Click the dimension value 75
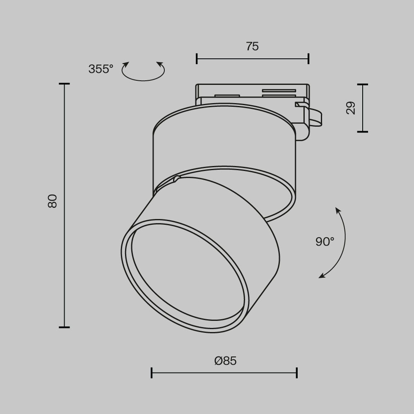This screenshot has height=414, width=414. pyautogui.click(x=252, y=46)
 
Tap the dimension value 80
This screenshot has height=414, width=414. pyautogui.click(x=53, y=201)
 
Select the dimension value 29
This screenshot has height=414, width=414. pyautogui.click(x=351, y=108)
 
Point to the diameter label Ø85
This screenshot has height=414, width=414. pyautogui.click(x=226, y=361)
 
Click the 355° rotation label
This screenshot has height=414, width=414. pyautogui.click(x=101, y=69)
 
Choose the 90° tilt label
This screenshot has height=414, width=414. pyautogui.click(x=325, y=241)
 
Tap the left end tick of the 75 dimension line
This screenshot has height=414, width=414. pyautogui.click(x=197, y=59)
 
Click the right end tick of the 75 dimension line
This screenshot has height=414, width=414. pyautogui.click(x=308, y=59)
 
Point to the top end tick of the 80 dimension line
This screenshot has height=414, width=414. pyautogui.click(x=64, y=84)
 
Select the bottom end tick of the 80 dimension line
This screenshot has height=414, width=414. pyautogui.click(x=64, y=327)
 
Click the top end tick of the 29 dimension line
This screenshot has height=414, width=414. pyautogui.click(x=363, y=84)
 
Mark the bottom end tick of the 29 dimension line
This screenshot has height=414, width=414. pyautogui.click(x=363, y=132)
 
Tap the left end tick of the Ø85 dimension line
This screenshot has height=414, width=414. pyautogui.click(x=152, y=373)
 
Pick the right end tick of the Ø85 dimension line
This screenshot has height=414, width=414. pyautogui.click(x=297, y=373)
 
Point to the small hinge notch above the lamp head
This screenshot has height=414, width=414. pyautogui.click(x=177, y=179)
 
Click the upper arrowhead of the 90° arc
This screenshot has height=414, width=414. pyautogui.click(x=337, y=210)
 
